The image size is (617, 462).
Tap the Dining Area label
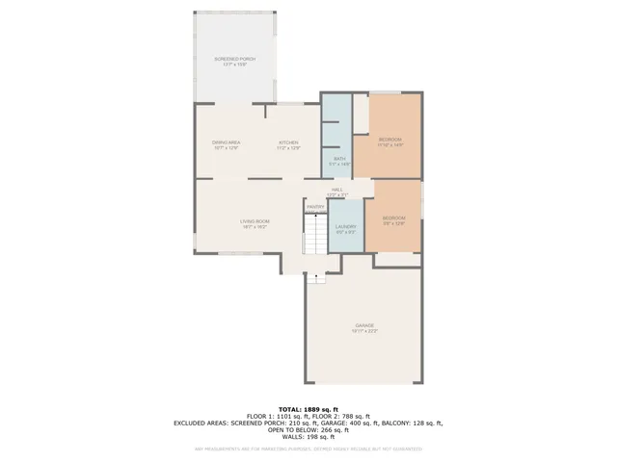tap(226, 144)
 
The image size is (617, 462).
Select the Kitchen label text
tap(288, 144)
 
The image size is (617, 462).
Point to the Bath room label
tap(339, 161)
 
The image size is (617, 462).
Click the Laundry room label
tap(345, 228)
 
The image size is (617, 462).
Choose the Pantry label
tap(315, 207)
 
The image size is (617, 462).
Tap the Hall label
tap(337, 191)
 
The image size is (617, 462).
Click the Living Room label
tap(255, 223)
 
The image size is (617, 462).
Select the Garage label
tap(364, 327)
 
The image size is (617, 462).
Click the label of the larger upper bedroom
tap(389, 141)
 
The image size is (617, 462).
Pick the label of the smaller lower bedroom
tap(393, 220)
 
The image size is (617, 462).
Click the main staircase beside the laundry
tap(315, 236)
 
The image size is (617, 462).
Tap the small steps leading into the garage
tap(316, 278)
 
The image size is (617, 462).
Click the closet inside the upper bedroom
tap(361, 114)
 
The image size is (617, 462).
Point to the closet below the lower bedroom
tap(396, 260)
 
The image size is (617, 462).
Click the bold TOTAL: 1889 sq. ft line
tap(308, 408)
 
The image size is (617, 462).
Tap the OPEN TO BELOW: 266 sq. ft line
tap(308, 429)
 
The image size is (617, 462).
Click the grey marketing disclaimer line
tap(308, 449)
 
